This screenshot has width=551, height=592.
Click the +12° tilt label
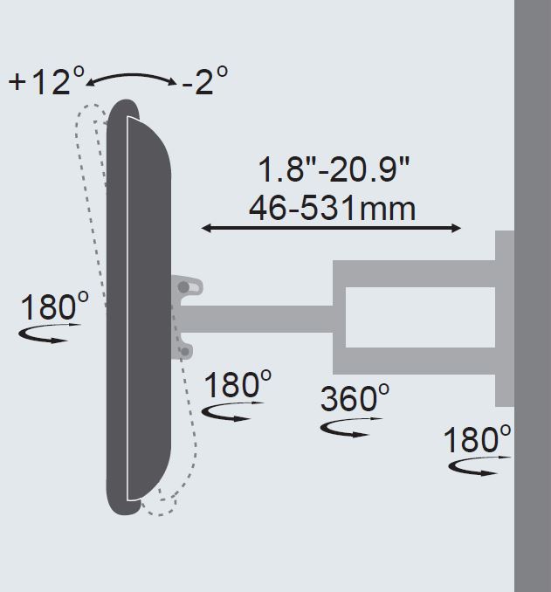click(46, 80)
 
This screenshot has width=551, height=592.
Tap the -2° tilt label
click(205, 80)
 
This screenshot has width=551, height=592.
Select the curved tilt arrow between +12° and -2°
click(131, 76)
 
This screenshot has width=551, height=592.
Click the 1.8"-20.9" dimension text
click(334, 170)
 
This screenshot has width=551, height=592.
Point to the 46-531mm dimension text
click(333, 209)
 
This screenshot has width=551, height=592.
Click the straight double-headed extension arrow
click(331, 228)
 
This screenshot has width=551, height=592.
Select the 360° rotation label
click(355, 398)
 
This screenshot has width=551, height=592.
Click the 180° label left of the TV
click(54, 306)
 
